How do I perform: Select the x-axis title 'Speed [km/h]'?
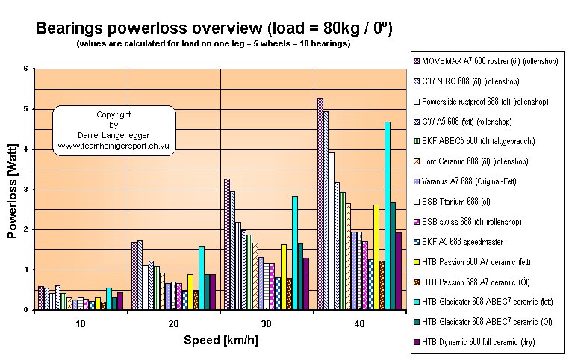point(220,341)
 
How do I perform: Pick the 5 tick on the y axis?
point(26,109)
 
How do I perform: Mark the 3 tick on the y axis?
point(26,190)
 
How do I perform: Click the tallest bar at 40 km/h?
point(320,203)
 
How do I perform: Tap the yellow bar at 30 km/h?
point(284,276)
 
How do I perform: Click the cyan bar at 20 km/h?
point(202,278)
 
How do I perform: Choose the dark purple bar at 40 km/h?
point(399,270)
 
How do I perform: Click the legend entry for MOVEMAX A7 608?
point(485,60)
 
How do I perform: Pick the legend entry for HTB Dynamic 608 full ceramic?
point(485,343)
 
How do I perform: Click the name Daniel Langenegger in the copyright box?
point(113,136)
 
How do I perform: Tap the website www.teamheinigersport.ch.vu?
point(113,146)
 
